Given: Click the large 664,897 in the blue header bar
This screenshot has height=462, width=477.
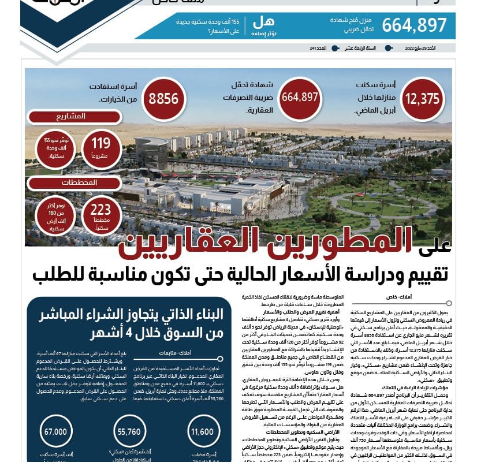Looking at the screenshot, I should pyautogui.click(x=414, y=25).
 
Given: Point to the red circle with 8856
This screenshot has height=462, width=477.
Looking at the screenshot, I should pyautogui.click(x=163, y=99).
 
